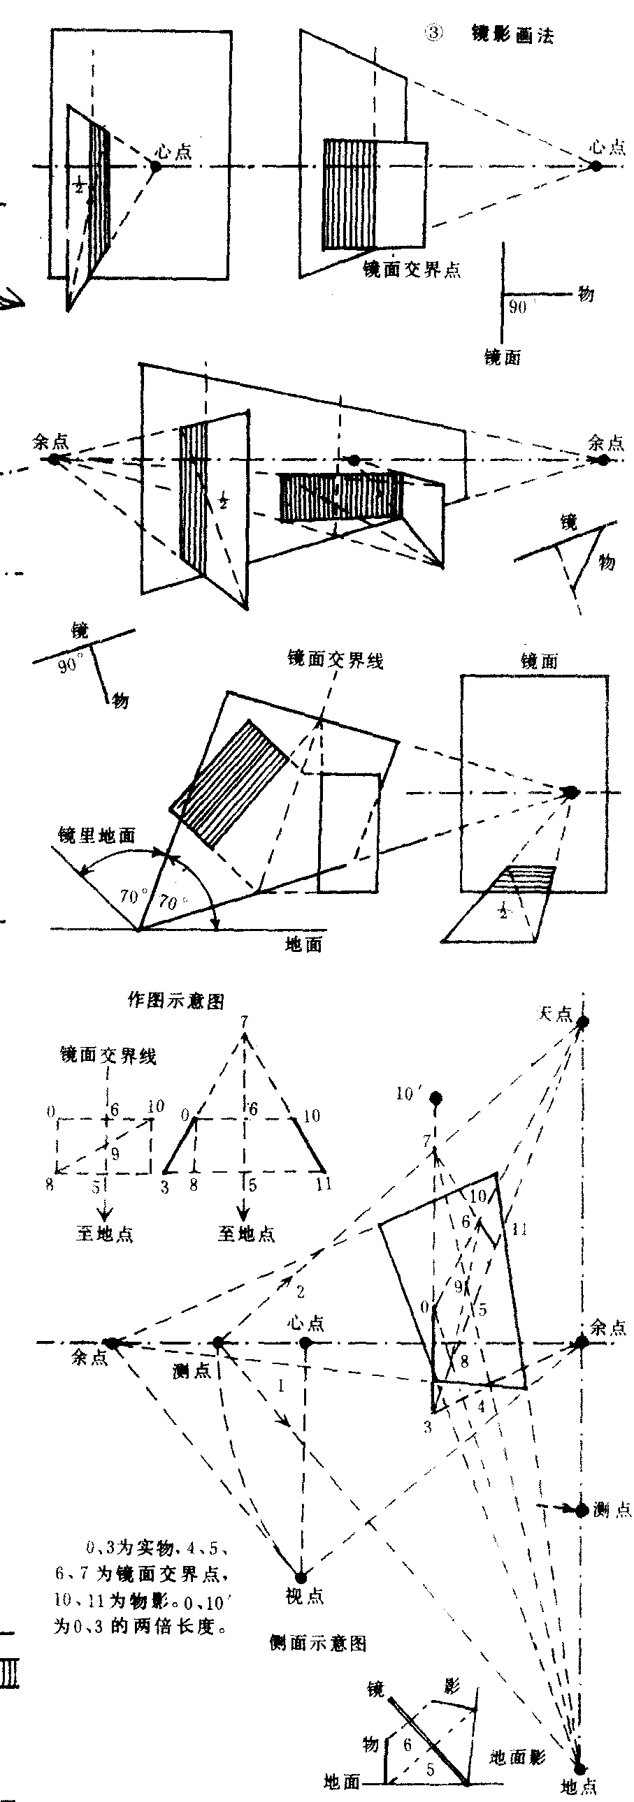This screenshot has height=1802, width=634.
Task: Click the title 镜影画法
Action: pos(513,35)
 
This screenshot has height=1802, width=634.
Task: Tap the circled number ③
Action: pos(434,34)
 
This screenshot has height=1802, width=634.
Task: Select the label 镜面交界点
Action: pos(412,270)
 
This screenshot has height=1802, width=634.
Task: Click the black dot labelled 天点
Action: pos(582,1022)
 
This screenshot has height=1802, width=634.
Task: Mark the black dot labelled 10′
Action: pos(436,1097)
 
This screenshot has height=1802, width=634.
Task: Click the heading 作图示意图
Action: pos(176,1001)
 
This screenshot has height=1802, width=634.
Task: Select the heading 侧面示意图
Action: pos(319,1643)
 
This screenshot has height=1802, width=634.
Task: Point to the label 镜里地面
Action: pos(96,835)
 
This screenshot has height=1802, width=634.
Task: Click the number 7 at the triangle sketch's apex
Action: pos(243,1023)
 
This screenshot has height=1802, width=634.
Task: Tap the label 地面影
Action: pos(517,1757)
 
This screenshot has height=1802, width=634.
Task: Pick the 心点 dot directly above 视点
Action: pos(305,1342)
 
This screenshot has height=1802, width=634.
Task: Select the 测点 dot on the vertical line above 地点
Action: pos(582,1510)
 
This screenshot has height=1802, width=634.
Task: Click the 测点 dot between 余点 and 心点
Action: pos(218,1342)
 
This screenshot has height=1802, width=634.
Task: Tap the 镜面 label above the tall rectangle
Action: pos(539,660)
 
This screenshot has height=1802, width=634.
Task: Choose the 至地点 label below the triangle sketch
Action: pos(246,1234)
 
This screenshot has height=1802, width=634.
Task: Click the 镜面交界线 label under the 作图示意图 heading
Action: pos(108,1055)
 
